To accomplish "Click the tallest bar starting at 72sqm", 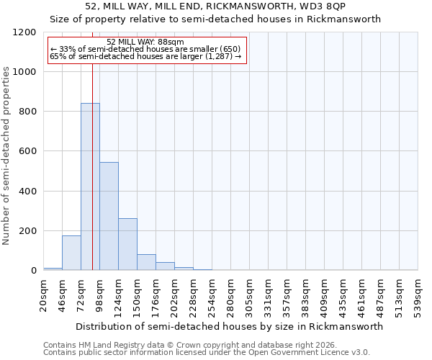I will coord(90,187).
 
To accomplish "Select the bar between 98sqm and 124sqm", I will coord(109,216).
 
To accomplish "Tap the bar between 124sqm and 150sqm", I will coord(127,244).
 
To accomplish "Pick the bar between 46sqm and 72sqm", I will coord(71,253).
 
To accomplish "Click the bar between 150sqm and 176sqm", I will coord(146,262).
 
